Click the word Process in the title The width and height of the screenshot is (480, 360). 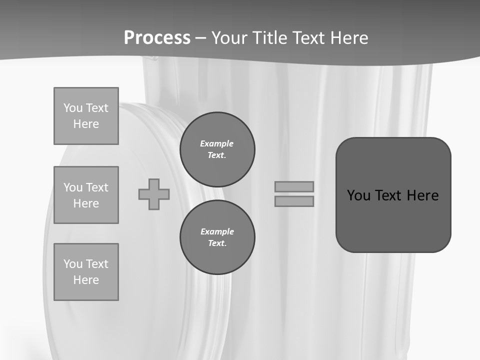tap(157, 38)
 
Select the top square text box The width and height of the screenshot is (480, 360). tap(86, 116)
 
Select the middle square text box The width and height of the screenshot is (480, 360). tap(86, 195)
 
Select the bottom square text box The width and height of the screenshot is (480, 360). tap(86, 272)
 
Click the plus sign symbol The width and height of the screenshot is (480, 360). tap(154, 194)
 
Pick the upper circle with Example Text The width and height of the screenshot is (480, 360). tap(217, 149)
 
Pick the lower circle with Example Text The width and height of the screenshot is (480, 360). tap(217, 237)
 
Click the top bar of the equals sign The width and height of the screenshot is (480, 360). tap(294, 186)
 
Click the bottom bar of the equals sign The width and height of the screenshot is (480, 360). tap(294, 201)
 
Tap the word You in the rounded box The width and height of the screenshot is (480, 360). tap(358, 195)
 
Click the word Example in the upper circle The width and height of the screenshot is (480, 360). tap(217, 143)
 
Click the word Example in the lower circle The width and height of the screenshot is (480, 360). tap(217, 231)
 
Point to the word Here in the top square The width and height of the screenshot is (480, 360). tap(86, 124)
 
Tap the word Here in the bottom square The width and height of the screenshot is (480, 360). tap(86, 280)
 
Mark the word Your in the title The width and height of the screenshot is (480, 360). tap(230, 38)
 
